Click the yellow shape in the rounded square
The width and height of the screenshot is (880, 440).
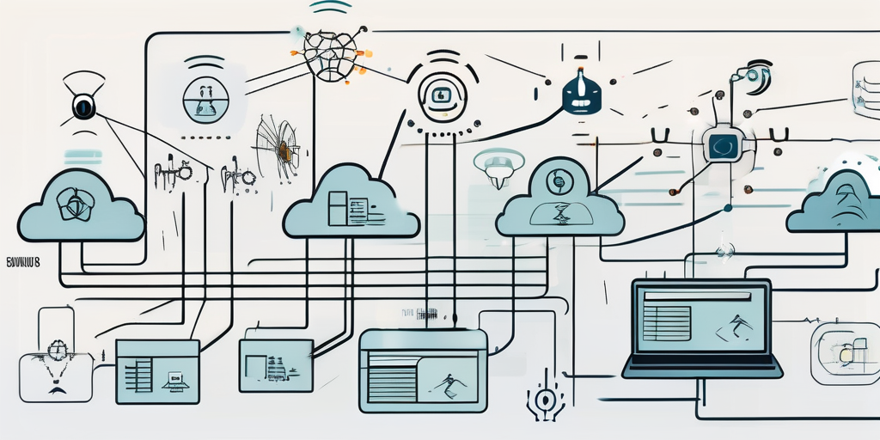tap(846, 353)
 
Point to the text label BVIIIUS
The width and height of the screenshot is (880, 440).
tap(22, 257)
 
